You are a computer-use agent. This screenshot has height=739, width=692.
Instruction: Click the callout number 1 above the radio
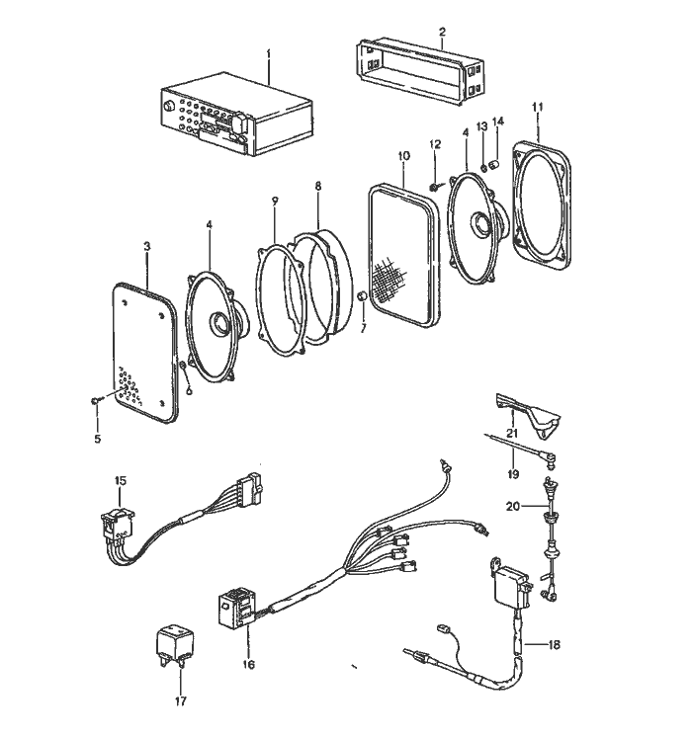click(269, 53)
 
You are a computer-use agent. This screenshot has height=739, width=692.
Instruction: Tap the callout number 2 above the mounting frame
click(442, 32)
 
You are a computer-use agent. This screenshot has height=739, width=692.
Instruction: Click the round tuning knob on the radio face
click(168, 107)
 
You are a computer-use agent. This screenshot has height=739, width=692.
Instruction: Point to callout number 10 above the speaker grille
click(403, 155)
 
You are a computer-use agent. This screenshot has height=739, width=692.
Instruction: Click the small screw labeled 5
click(96, 400)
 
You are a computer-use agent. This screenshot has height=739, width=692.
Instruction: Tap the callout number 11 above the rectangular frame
click(537, 107)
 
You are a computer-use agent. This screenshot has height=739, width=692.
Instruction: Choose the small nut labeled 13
click(483, 167)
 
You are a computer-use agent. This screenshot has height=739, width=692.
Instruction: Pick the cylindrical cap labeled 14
click(495, 165)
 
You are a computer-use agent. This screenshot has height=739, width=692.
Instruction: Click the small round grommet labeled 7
click(362, 297)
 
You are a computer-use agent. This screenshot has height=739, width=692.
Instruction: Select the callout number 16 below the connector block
click(248, 665)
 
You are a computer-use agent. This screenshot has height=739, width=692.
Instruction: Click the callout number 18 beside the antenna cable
click(554, 644)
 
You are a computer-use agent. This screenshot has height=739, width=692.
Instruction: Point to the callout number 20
click(513, 506)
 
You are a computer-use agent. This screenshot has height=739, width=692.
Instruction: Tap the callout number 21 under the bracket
click(512, 433)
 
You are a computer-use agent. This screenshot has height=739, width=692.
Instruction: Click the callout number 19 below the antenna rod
click(513, 473)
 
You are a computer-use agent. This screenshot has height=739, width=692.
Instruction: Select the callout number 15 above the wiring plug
click(121, 481)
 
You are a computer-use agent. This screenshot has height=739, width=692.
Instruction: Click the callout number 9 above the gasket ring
click(275, 202)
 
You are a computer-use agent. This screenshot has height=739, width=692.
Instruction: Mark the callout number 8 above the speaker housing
click(318, 186)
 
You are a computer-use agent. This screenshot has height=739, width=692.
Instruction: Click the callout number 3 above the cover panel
click(146, 246)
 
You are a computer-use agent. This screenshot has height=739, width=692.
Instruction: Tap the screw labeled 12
click(436, 187)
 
